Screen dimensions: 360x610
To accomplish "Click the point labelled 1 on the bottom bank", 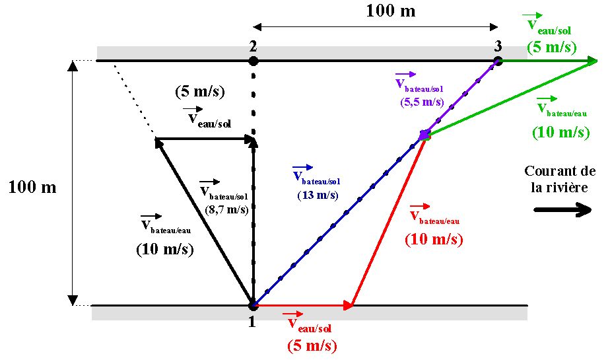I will (x=252, y=305).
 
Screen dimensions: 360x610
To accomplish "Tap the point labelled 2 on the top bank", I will (x=252, y=61).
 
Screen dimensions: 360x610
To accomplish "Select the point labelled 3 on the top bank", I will (x=498, y=61).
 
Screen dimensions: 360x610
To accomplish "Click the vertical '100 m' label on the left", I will (x=32, y=187).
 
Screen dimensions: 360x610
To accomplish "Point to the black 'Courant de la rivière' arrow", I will (x=562, y=210).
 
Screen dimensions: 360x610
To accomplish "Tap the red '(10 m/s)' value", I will (x=433, y=239).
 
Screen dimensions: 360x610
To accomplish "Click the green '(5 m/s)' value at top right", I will (x=552, y=48).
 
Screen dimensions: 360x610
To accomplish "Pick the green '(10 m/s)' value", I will (x=562, y=133).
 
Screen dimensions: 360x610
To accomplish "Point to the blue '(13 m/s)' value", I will (x=318, y=196).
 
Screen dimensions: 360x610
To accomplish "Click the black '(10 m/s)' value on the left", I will (x=164, y=250).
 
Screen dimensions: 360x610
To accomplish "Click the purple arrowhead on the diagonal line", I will (x=424, y=135).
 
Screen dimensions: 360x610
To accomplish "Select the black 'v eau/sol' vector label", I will (x=209, y=118).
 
